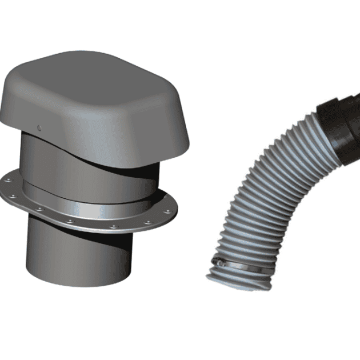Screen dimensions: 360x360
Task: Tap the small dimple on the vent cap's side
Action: pos(38,127)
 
